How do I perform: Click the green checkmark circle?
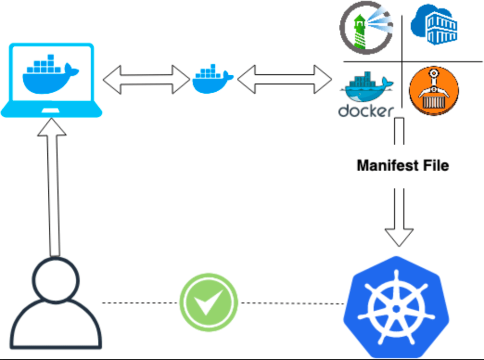click(208, 302)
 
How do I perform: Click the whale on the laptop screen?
click(50, 73)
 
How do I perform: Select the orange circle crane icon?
click(433, 90)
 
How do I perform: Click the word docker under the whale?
click(366, 111)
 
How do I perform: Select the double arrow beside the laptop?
click(146, 79)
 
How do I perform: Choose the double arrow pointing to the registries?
click(285, 79)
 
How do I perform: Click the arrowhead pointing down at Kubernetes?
click(399, 236)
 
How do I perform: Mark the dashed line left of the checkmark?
click(140, 302)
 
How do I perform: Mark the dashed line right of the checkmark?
click(292, 303)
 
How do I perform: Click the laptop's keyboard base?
click(51, 112)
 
